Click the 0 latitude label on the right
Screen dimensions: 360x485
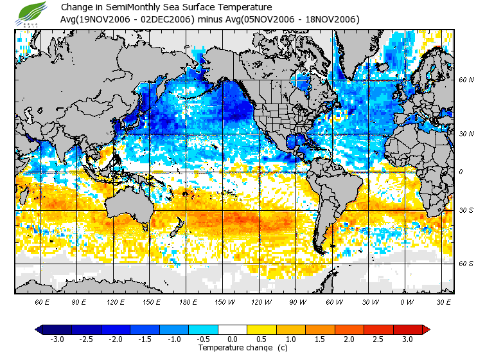point(461,172)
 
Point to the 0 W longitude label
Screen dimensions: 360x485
point(406,301)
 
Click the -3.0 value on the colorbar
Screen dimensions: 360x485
point(57,339)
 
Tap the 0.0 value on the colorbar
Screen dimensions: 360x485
point(232,339)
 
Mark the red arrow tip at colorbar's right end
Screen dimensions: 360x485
point(426,329)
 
